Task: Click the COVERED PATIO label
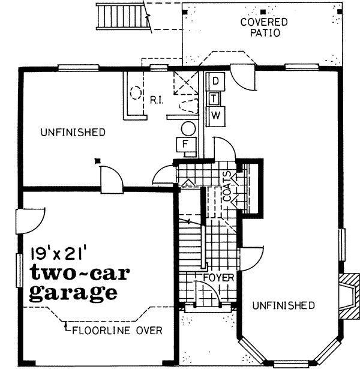click(264, 28)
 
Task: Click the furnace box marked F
click(186, 145)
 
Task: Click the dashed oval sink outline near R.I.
click(136, 94)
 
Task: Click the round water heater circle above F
click(188, 128)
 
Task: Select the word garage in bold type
click(73, 293)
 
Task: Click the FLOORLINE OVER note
click(117, 330)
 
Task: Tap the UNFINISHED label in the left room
click(73, 132)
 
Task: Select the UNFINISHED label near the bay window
click(283, 305)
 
